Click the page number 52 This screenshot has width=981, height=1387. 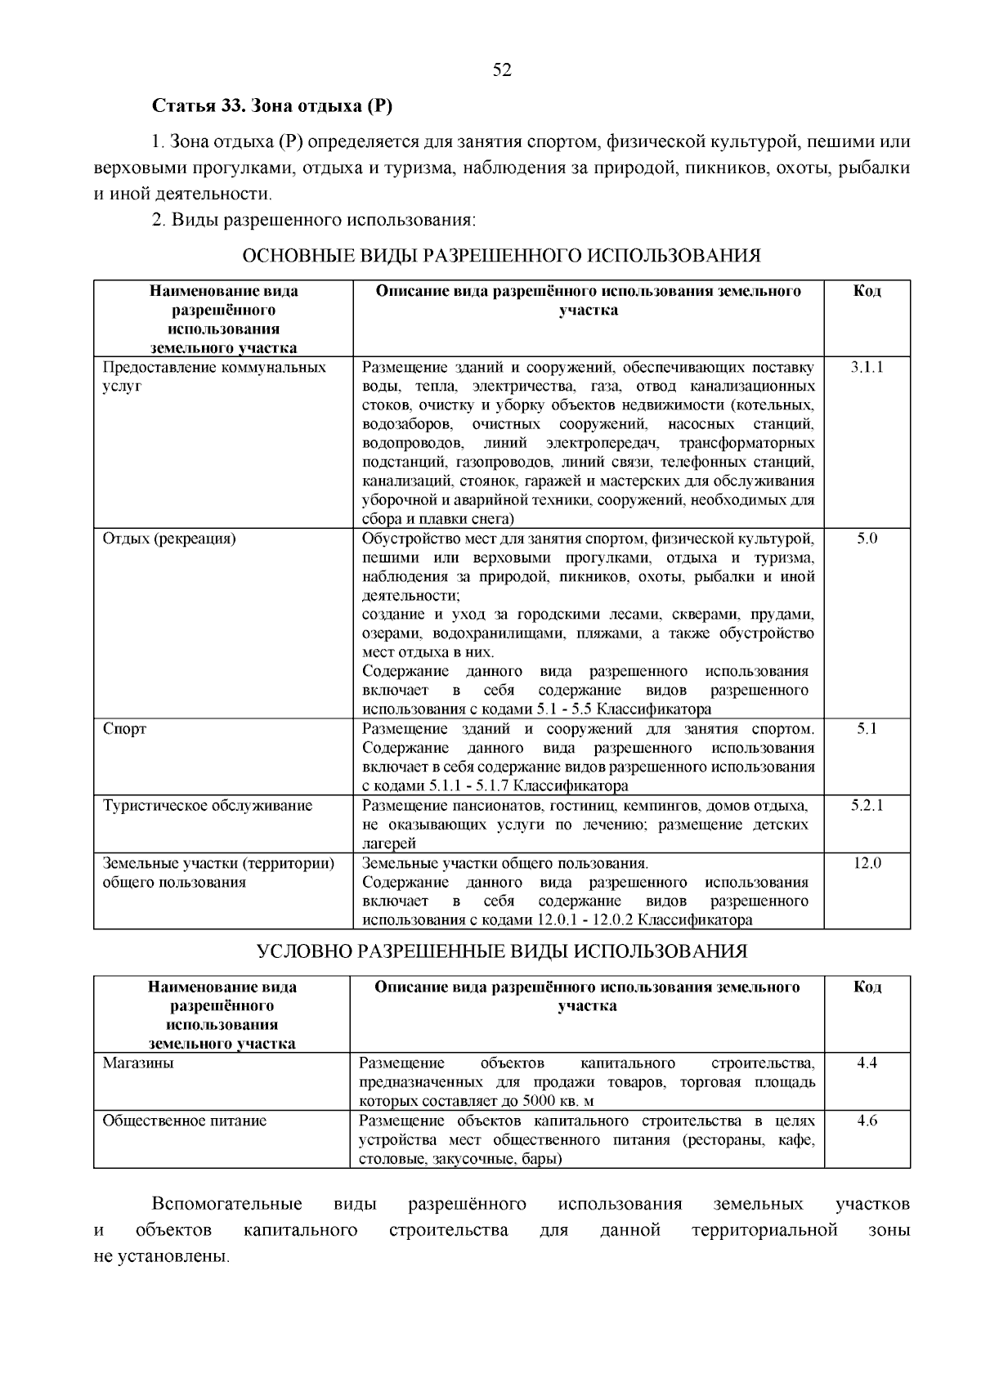click(502, 70)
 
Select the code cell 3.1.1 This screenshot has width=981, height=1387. click(867, 367)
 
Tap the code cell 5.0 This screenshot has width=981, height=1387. click(867, 539)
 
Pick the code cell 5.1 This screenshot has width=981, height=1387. click(867, 728)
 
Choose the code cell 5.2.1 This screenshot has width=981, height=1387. click(867, 805)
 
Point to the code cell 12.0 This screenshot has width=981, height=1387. click(867, 862)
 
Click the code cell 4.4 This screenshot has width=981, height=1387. click(867, 1063)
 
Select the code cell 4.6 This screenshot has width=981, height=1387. click(867, 1121)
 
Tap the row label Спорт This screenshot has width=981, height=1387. click(124, 728)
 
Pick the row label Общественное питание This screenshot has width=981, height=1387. click(184, 1121)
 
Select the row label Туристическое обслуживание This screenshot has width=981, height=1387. click(208, 805)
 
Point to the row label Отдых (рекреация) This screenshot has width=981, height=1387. click(169, 539)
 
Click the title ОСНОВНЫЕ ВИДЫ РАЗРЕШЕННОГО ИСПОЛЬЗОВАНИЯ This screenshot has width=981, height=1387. click(502, 256)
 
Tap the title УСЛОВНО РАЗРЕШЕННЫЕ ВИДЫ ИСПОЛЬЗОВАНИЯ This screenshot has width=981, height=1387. click(502, 951)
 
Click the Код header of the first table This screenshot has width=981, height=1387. click(867, 291)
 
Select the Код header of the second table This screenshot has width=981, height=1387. click(867, 987)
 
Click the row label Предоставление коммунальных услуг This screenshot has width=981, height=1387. click(214, 375)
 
